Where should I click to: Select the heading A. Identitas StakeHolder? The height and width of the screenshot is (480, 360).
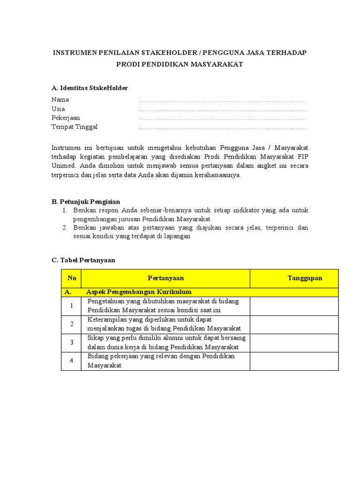pos(90,88)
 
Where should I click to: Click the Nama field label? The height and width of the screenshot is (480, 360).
pos(60,99)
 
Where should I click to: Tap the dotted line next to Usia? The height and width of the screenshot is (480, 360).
pos(223,109)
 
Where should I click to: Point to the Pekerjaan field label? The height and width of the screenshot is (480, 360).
pos(66,118)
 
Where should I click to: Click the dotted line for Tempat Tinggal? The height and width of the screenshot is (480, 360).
pos(223,127)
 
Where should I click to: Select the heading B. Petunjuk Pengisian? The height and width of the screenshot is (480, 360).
pos(86,202)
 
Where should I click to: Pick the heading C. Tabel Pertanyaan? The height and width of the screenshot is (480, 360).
pos(83,260)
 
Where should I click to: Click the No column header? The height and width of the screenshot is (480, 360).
pos(72,278)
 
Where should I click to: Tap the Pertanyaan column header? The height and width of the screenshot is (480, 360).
pos(166,278)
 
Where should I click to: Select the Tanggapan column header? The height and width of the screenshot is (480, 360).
pos(305,278)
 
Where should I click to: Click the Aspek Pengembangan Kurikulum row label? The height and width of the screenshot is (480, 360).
pos(139,292)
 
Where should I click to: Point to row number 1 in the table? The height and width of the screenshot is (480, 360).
pos(72,306)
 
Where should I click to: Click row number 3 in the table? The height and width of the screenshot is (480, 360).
pos(72,343)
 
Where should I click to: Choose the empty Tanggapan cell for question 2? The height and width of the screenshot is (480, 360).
pos(294,324)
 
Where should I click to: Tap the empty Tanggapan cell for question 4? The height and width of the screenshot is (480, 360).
pos(294,361)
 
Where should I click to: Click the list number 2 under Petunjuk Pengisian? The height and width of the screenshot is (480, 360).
pos(65,228)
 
